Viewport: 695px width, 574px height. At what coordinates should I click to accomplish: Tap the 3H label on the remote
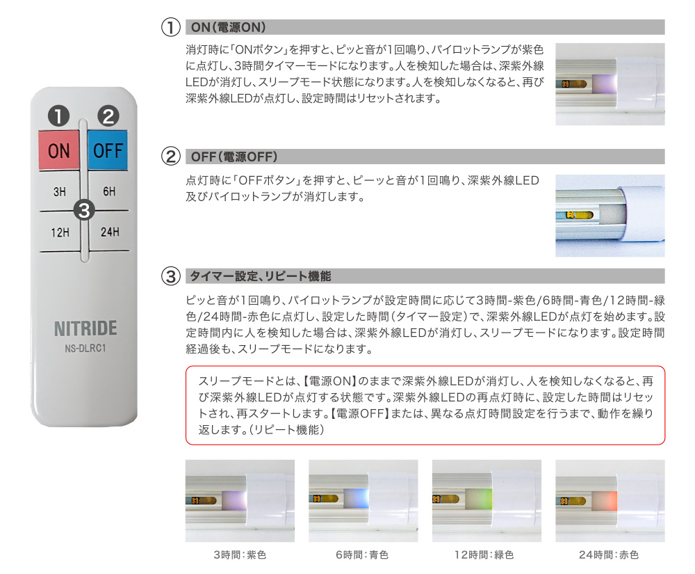59,191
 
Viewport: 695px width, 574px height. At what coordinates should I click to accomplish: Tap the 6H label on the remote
109,191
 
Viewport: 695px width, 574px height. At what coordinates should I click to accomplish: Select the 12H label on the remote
60,232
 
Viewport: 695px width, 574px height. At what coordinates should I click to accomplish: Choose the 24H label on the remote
110,232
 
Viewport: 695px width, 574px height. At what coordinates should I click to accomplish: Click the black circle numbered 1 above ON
59,115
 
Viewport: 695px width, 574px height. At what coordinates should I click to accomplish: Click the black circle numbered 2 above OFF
108,115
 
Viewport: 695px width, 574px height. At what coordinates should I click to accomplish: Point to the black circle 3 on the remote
84,210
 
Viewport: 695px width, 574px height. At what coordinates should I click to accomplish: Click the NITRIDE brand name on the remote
85,328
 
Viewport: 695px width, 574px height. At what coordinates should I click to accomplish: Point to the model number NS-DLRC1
85,348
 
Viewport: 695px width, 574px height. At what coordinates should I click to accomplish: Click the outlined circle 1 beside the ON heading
171,27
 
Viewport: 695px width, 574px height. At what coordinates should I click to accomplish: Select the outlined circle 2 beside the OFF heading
171,156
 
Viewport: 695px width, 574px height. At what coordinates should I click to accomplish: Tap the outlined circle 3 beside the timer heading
171,276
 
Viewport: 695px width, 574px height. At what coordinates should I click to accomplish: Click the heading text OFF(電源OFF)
234,157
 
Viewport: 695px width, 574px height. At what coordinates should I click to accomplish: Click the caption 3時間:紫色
240,555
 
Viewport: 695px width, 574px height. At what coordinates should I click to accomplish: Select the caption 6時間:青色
362,555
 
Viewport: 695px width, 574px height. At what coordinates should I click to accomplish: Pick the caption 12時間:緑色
484,555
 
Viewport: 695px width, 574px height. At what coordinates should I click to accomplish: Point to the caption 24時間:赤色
609,555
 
